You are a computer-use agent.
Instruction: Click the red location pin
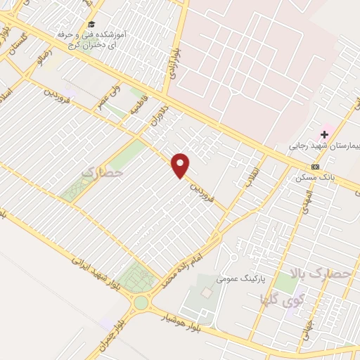tap(181, 165)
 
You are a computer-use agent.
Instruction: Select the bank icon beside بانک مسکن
tap(315, 167)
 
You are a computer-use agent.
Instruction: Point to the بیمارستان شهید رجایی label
tap(324, 148)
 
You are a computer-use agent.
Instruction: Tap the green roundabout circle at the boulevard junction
tap(141, 303)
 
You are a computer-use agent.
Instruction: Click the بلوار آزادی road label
tap(174, 65)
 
